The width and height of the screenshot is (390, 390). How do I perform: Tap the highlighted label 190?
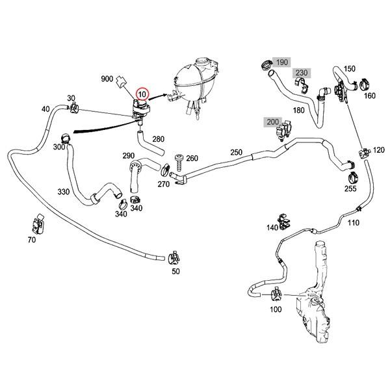pos(281,62)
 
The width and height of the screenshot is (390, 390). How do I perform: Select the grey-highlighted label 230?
pos(301,73)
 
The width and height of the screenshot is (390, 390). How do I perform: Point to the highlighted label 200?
pos(272,122)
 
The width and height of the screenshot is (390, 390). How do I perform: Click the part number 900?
pos(107,79)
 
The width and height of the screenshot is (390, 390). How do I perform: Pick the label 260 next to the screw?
pos(192,158)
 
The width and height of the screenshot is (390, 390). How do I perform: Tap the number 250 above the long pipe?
pos(236,152)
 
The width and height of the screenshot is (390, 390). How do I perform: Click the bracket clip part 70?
pos(38,224)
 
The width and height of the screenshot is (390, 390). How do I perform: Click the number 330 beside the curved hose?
pos(63,192)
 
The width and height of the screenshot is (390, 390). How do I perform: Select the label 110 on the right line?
pos(353,223)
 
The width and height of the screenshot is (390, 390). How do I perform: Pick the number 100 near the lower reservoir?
pos(276,309)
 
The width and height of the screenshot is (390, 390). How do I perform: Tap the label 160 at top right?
pos(369,96)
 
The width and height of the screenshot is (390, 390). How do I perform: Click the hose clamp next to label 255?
pos(351,175)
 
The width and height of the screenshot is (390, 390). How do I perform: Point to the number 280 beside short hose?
pos(159,139)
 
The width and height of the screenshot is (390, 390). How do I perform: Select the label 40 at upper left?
pos(45,109)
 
